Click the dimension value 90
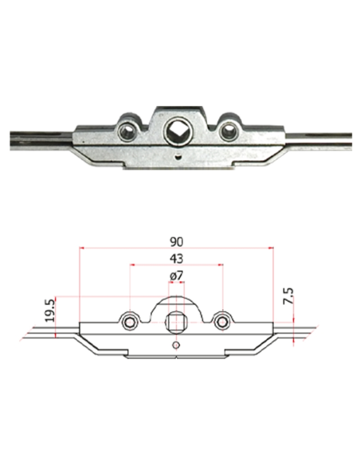point(177,242)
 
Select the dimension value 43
point(177,259)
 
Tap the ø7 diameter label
point(177,276)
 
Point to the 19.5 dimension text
point(50,311)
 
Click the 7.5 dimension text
point(288,295)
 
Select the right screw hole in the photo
point(228,131)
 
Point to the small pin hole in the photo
point(178,154)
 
